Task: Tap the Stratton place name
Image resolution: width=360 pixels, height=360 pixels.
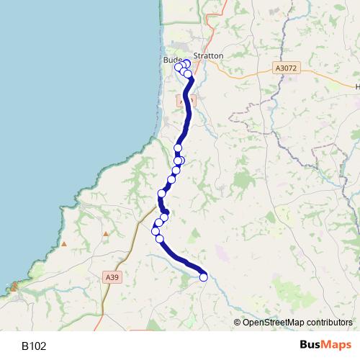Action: click(x=209, y=55)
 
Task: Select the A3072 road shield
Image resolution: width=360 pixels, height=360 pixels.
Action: click(x=286, y=68)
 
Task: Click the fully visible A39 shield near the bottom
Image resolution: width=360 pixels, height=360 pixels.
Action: click(x=111, y=277)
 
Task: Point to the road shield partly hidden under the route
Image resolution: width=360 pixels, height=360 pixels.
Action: click(x=183, y=102)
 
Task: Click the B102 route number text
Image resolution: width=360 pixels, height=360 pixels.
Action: click(x=34, y=346)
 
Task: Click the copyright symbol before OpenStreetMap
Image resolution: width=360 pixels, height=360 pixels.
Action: click(x=238, y=322)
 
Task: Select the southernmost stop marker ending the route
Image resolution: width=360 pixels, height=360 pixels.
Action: click(x=203, y=276)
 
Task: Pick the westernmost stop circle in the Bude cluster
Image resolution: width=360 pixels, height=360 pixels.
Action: click(x=179, y=67)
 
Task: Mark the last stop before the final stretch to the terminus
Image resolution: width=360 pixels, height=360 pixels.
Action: click(x=160, y=239)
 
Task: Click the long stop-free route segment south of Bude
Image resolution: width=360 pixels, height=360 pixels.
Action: click(x=188, y=108)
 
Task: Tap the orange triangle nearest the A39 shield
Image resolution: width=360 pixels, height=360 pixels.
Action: click(x=106, y=234)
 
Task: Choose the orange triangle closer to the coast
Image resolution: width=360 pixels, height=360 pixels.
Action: click(x=64, y=244)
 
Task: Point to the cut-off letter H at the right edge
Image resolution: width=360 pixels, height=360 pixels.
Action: click(x=357, y=85)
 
